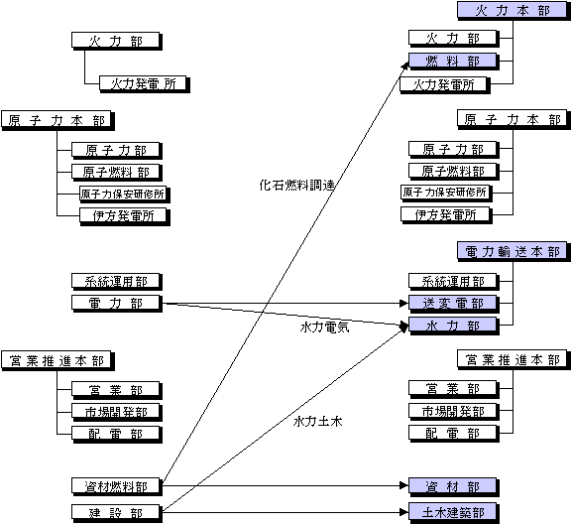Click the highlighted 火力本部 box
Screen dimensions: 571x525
[x=514, y=11]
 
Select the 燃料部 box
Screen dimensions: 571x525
[x=454, y=62]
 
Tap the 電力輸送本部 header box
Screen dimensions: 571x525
[x=514, y=251]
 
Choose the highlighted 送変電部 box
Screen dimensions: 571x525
[x=454, y=304]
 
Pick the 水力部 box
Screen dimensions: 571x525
[x=454, y=326]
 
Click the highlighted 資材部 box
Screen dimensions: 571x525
[x=454, y=486]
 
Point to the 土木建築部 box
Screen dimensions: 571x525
[x=454, y=513]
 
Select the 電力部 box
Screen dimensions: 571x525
[x=117, y=304]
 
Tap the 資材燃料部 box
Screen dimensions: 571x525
[x=117, y=486]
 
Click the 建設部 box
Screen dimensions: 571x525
[x=117, y=513]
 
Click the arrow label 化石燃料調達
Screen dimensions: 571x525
[x=297, y=186]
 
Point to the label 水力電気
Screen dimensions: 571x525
[x=324, y=328]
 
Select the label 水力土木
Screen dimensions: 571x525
[x=317, y=422]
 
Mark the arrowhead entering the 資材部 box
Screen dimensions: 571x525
[x=404, y=485]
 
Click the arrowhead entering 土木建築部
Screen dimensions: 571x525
[x=404, y=513]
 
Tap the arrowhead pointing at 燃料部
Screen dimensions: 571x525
[x=405, y=66]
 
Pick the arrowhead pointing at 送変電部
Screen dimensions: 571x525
[x=404, y=304]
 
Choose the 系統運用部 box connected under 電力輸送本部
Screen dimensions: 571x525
[x=454, y=282]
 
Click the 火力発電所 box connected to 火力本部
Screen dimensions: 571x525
[x=445, y=85]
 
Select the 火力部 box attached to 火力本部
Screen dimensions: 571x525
[x=454, y=39]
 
